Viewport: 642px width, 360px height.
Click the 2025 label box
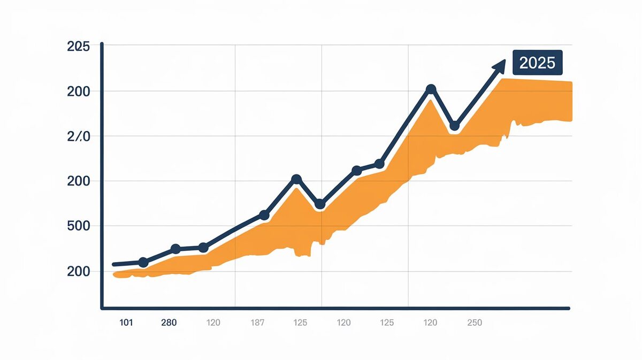click(538, 63)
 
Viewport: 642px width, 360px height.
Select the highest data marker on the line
click(431, 89)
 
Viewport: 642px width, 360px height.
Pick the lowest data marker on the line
click(143, 262)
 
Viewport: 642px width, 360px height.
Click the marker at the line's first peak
click(296, 179)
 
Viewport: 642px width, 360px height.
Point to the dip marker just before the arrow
click(454, 126)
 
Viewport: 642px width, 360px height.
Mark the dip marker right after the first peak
click(320, 204)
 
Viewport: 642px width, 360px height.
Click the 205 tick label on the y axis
click(78, 47)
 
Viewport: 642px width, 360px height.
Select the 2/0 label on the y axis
click(78, 136)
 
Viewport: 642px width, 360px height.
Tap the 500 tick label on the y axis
click(78, 226)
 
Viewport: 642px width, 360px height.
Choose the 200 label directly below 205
click(78, 91)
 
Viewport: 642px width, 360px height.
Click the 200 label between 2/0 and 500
click(78, 181)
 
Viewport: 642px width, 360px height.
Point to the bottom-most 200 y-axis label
click(78, 271)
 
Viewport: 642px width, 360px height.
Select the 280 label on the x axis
click(169, 323)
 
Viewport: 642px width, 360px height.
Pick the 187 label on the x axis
click(258, 323)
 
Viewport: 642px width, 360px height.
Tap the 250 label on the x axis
click(474, 323)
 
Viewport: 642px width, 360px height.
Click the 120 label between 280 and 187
click(213, 323)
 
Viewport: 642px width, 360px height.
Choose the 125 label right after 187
click(300, 323)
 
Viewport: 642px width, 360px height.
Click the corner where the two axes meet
click(102, 308)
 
